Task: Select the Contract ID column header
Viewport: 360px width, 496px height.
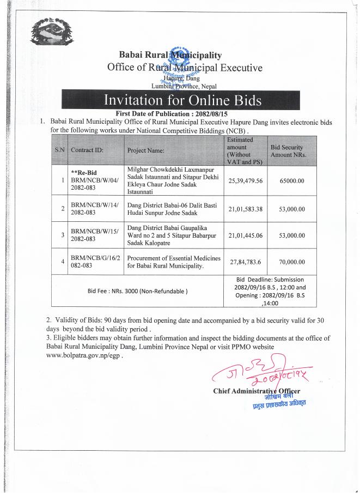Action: coord(87,149)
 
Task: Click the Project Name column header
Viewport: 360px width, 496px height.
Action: coord(147,149)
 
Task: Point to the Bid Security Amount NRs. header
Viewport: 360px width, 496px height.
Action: coord(288,151)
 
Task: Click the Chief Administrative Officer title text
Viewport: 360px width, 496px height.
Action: coord(257,391)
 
